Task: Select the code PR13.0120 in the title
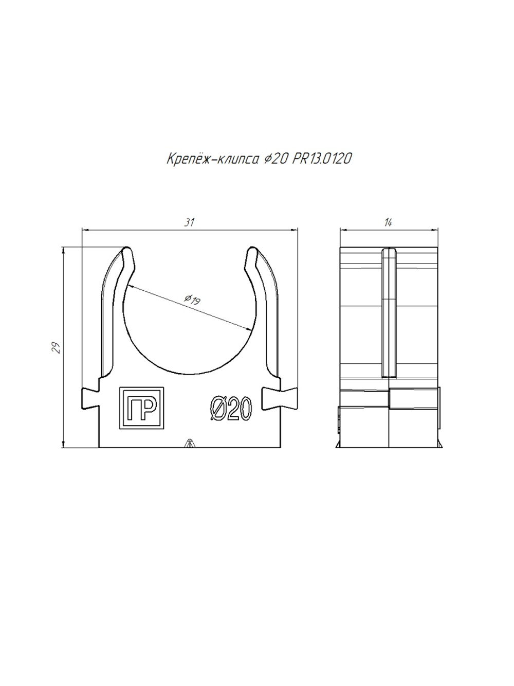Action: coord(322,159)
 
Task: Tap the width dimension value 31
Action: coord(189,222)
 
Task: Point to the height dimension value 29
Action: coord(56,347)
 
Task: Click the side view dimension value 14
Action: coord(388,222)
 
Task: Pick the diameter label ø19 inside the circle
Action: coord(193,300)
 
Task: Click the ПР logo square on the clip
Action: coord(142,408)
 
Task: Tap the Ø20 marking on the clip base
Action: coord(231,408)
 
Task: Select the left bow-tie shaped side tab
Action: coord(90,398)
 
